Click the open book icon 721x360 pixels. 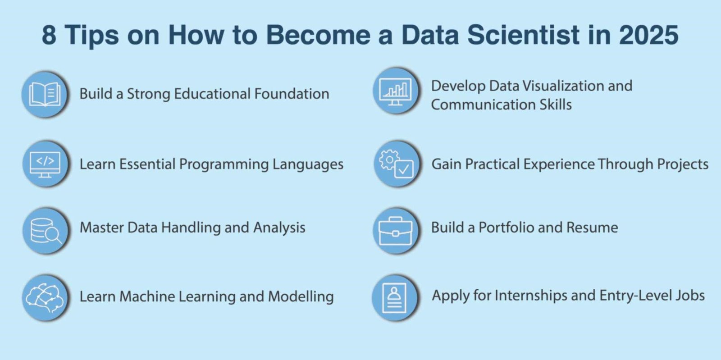pos(45,94)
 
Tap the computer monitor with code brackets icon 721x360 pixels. pos(45,164)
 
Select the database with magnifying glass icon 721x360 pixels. pos(45,230)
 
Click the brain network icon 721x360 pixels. pos(45,297)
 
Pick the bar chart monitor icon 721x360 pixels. pos(395,91)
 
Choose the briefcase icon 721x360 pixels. pos(395,230)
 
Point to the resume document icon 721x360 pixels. pos(394,297)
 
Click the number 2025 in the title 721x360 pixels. pos(648,35)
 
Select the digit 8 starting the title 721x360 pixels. pos(49,35)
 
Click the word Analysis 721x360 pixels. pos(279,228)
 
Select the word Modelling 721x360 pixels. pos(301,296)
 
